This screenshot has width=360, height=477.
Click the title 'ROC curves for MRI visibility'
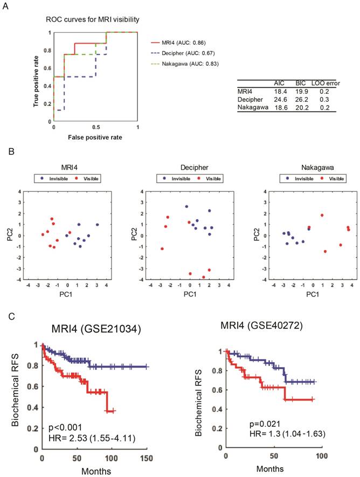point(92,20)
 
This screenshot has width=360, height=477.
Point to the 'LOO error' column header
point(324,84)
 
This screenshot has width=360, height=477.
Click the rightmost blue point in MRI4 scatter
point(98,225)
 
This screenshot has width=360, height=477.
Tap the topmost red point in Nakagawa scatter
point(322,216)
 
